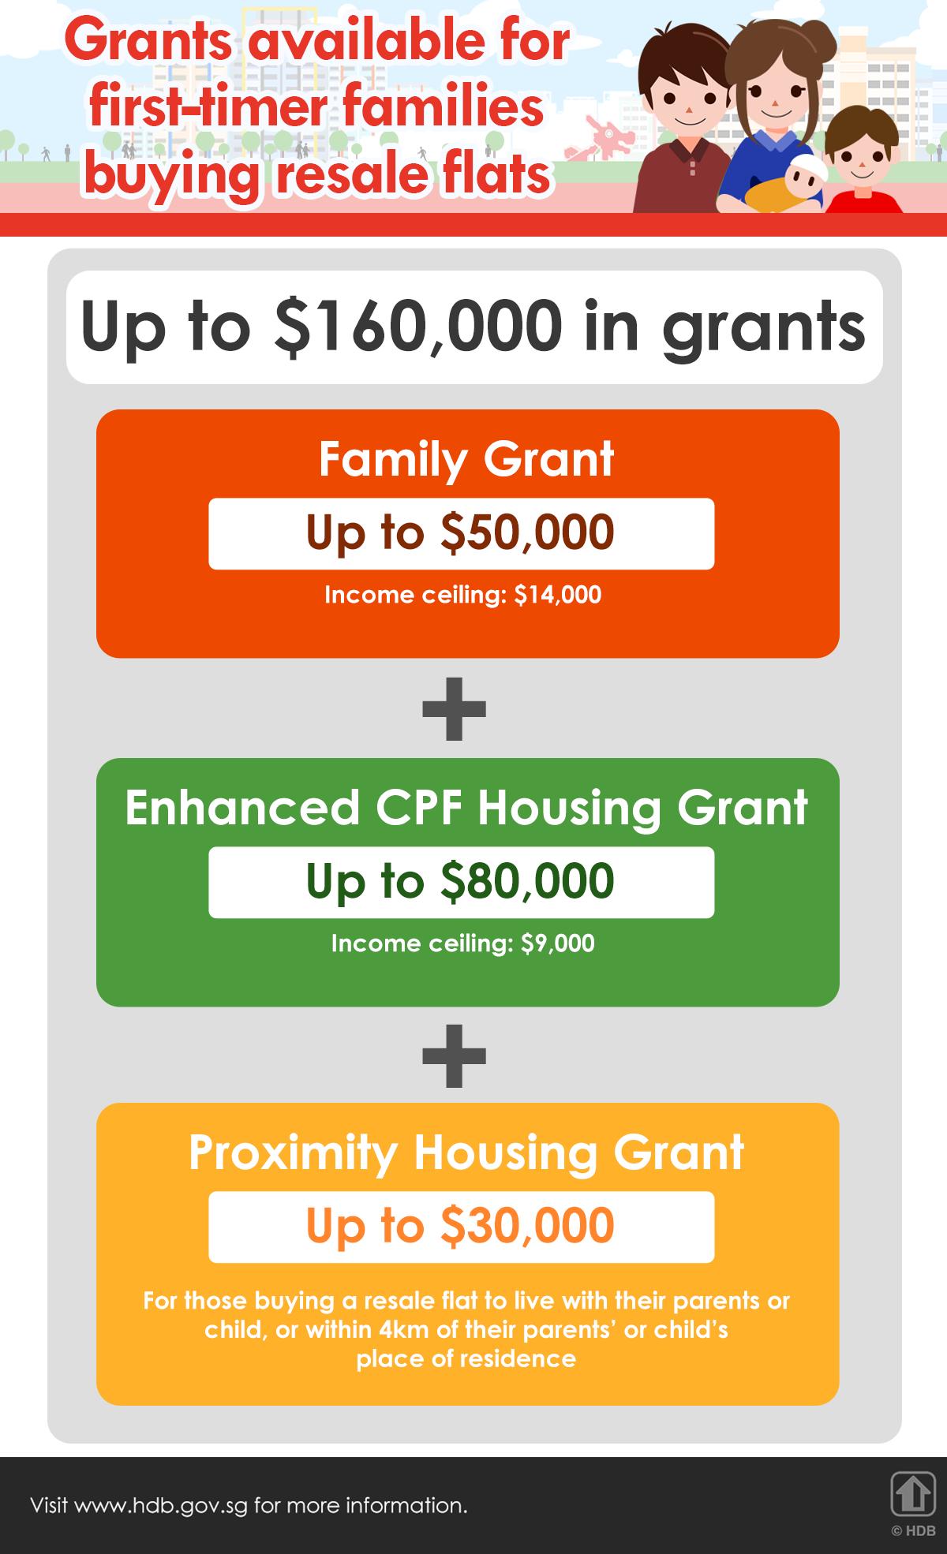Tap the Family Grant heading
click(466, 459)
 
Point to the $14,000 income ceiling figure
click(557, 595)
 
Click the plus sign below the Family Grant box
click(454, 708)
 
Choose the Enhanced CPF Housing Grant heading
click(466, 808)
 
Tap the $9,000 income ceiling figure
click(557, 943)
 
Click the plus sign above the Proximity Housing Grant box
click(454, 1055)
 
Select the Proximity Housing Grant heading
click(466, 1152)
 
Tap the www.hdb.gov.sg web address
click(161, 1505)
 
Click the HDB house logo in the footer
click(911, 1493)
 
